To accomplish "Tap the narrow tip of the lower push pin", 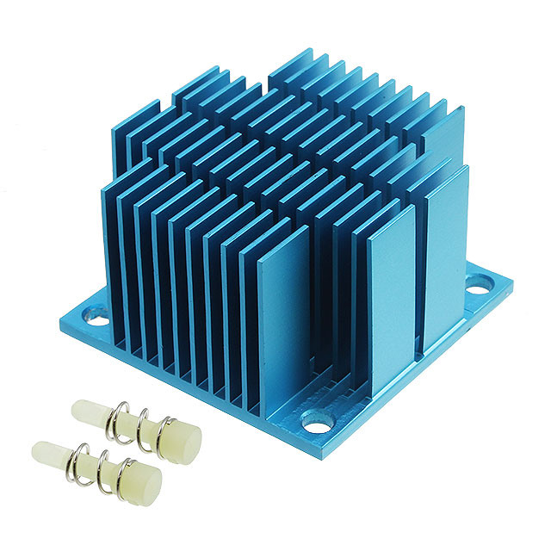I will pyautogui.click(x=43, y=450).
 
